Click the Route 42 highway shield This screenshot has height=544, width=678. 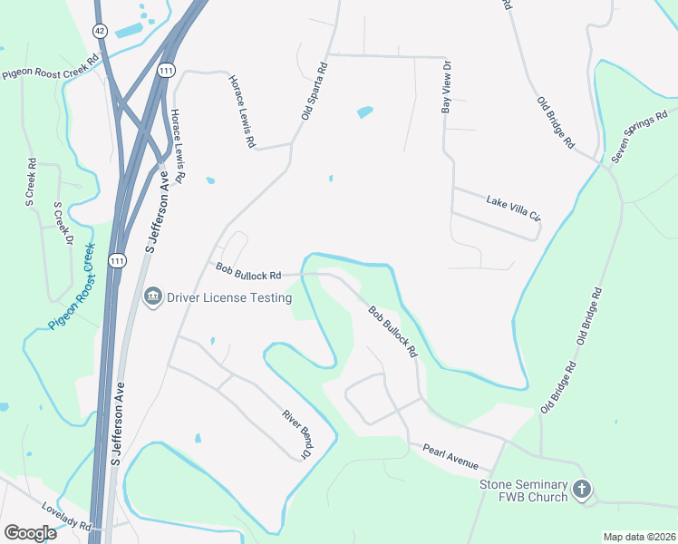[99, 30]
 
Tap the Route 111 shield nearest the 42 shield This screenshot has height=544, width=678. [165, 70]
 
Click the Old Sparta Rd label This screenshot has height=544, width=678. [313, 91]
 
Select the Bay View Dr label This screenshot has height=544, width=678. [446, 87]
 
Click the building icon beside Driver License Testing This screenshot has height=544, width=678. [151, 296]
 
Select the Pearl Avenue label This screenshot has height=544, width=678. [450, 456]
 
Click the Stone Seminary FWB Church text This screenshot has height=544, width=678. [523, 491]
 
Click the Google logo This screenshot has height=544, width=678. [30, 532]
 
